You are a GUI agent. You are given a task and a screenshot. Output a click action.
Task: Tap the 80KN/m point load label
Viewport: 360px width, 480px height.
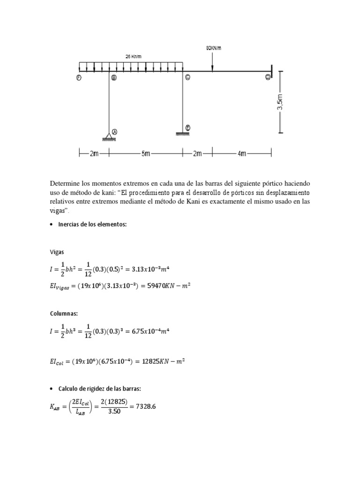[x=213, y=48]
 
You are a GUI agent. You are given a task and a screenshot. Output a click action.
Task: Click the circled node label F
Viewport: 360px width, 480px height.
[x=79, y=78]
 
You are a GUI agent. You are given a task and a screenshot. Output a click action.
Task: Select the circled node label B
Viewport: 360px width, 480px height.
[x=113, y=78]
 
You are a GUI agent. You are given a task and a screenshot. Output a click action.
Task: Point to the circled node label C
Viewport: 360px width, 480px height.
[x=187, y=78]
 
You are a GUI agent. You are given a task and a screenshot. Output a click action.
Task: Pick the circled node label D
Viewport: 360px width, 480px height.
[x=268, y=77]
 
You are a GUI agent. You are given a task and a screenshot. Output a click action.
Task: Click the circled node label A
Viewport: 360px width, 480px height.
[x=114, y=132]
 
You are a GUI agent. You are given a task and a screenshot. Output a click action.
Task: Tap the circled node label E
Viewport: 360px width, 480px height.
[x=187, y=127]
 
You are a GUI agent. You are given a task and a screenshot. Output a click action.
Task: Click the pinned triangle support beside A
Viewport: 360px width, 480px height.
[x=109, y=137]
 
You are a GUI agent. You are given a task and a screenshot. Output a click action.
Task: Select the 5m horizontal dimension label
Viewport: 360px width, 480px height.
[x=146, y=153]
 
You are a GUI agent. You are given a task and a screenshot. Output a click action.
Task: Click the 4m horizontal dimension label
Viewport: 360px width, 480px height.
[x=242, y=153]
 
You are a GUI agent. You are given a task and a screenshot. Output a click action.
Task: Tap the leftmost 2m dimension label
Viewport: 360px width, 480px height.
[x=93, y=153]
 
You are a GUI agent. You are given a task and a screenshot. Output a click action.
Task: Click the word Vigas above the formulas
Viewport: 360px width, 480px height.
[x=58, y=252]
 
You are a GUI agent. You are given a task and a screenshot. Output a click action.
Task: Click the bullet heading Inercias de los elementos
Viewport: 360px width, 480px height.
[x=92, y=225]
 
